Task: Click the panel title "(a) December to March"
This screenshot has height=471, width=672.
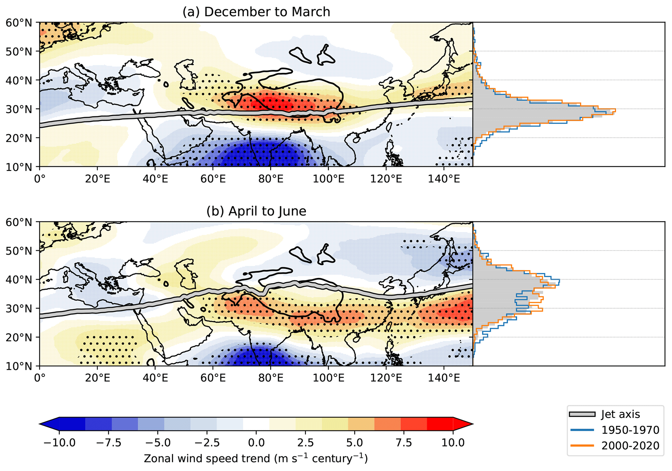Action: (256, 12)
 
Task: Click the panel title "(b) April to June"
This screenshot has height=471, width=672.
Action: (256, 211)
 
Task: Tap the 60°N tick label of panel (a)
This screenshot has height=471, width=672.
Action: (19, 23)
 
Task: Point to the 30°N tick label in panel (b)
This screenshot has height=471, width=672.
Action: (19, 308)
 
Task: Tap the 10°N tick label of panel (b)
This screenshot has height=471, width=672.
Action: (19, 366)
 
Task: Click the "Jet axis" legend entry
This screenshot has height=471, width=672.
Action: (620, 414)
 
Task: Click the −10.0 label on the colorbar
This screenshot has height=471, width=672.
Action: (59, 443)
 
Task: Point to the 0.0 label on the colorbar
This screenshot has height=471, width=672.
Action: (256, 443)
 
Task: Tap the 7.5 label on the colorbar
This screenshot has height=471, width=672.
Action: (403, 443)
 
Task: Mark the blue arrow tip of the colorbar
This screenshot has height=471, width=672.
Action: (48, 424)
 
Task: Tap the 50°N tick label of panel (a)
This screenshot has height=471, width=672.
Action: (19, 51)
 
